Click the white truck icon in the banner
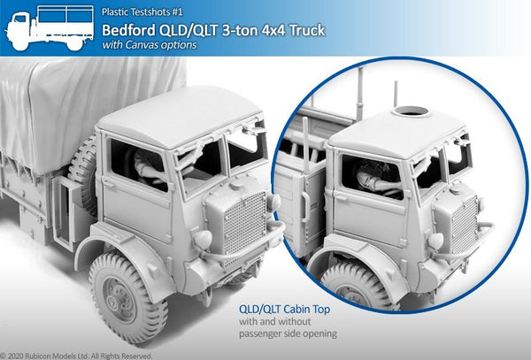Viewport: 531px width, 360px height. (50, 27)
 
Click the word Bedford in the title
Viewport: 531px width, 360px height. (128, 30)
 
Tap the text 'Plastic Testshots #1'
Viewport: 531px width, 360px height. (142, 12)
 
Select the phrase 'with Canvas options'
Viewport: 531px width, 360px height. (149, 45)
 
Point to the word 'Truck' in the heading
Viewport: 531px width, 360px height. (307, 30)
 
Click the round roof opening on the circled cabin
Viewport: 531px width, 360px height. (411, 111)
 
